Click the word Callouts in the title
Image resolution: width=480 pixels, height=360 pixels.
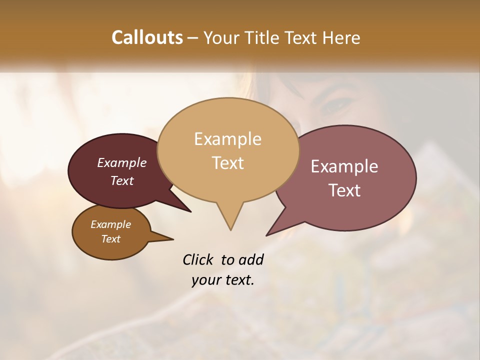(x=147, y=37)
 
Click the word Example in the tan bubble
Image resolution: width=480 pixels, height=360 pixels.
(x=227, y=139)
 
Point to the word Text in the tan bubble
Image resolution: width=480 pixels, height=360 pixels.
(x=227, y=162)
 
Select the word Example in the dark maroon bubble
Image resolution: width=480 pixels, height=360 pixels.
(x=121, y=162)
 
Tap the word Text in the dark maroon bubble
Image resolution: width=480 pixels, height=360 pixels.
(x=121, y=180)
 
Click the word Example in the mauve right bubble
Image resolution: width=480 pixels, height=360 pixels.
(x=344, y=166)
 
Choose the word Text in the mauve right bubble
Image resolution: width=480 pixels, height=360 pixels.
(x=344, y=190)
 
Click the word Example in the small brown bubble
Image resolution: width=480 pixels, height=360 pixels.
(x=110, y=224)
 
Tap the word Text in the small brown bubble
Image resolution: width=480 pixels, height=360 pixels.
(x=110, y=239)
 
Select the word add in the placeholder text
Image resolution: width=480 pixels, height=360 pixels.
(x=251, y=259)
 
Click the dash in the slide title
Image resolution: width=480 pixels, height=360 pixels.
(x=193, y=38)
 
